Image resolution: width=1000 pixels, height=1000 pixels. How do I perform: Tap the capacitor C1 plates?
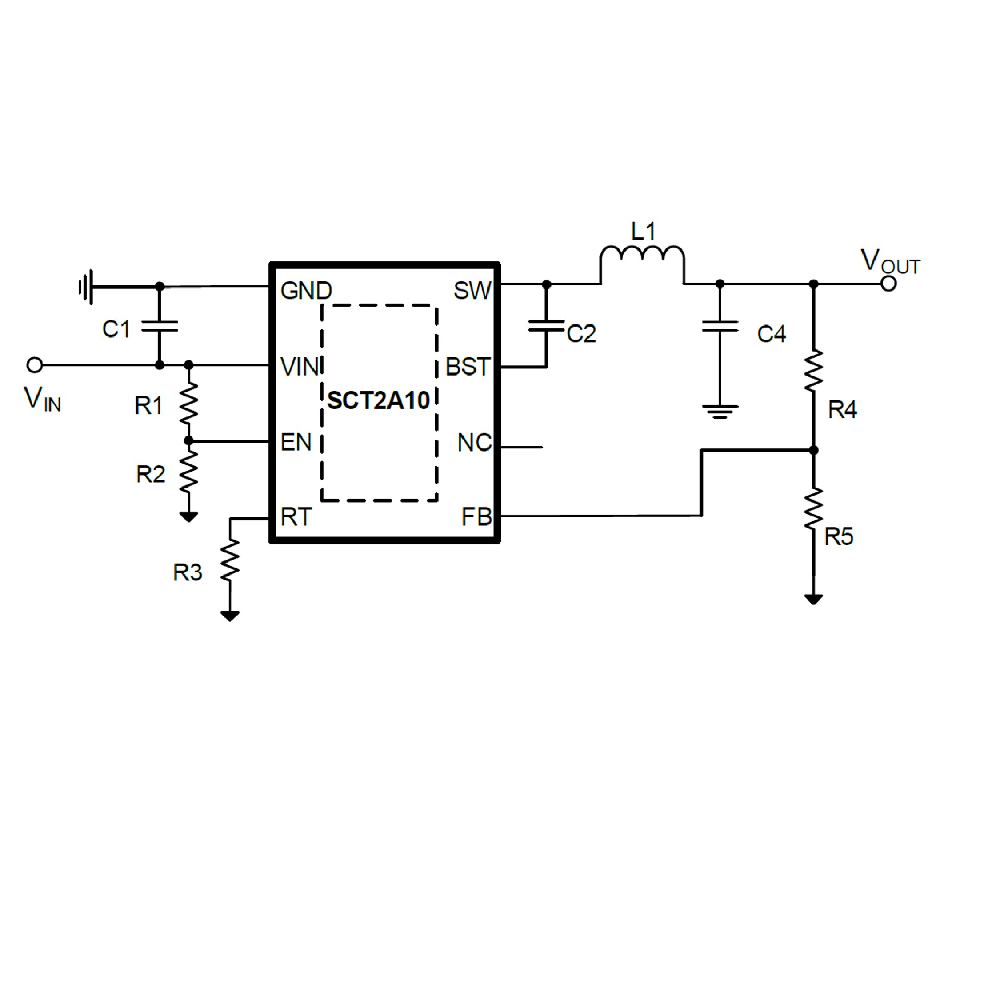tap(159, 327)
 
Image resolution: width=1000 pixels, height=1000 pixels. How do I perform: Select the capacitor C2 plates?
tap(546, 327)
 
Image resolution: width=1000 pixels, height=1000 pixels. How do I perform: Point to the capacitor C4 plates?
tap(720, 327)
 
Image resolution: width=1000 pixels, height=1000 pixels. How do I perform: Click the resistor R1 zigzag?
tap(189, 403)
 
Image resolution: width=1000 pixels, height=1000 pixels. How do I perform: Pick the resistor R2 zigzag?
tap(189, 471)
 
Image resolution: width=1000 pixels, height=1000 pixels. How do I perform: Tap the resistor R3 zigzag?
tap(230, 560)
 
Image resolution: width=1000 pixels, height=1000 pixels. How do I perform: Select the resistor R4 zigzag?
tap(814, 371)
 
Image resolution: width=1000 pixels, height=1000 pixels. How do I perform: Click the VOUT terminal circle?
tap(889, 284)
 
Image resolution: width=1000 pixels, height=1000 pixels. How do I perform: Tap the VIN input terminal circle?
tap(34, 365)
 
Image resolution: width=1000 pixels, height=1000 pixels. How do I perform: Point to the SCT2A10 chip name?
tap(379, 401)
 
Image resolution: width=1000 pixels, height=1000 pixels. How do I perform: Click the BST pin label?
tap(468, 367)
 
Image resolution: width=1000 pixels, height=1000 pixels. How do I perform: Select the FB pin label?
tap(477, 517)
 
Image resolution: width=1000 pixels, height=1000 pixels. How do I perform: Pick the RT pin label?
tap(296, 517)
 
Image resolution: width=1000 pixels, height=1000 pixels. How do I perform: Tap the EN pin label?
tap(296, 442)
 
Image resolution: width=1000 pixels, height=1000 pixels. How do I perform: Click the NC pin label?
tap(474, 443)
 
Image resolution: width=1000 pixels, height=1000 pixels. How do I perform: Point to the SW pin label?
tap(472, 291)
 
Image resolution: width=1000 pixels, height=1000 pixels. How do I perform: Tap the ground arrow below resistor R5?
tap(814, 599)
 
